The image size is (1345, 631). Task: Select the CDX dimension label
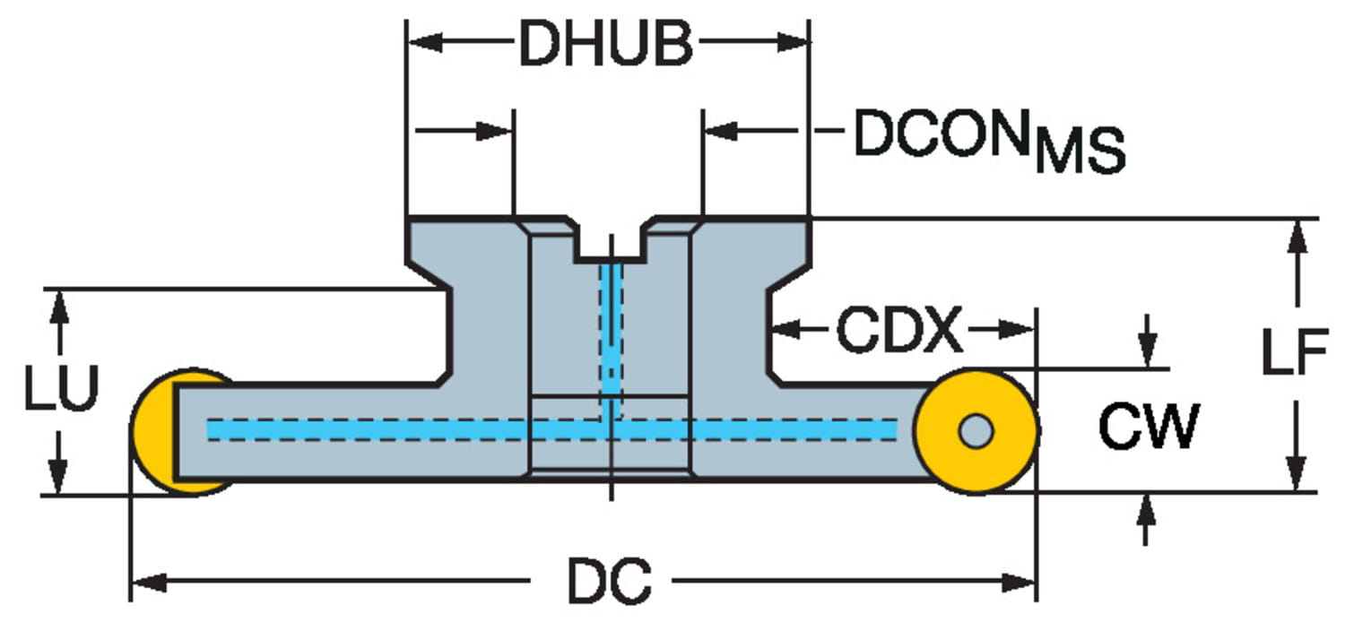[899, 331]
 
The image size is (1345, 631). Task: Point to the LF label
[1293, 354]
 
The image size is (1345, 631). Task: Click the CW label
[1149, 428]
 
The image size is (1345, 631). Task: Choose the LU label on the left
[60, 392]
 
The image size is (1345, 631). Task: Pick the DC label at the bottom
[610, 583]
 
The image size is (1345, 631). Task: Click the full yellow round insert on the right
[976, 430]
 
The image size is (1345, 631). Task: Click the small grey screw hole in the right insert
[976, 430]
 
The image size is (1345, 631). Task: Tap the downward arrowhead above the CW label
[1147, 351]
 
